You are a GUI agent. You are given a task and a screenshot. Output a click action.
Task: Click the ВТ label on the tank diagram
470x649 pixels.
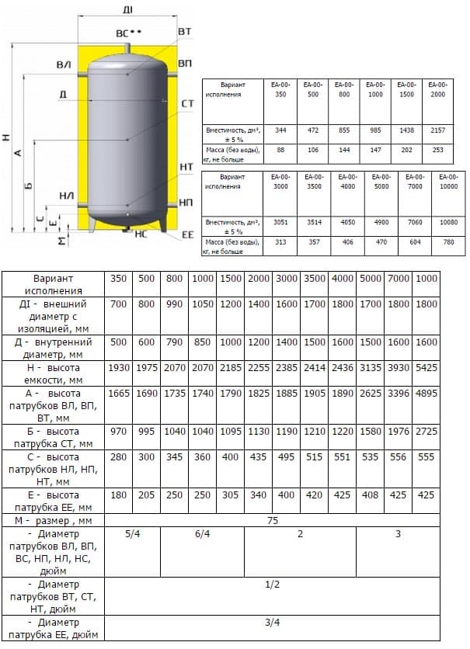pyautogui.click(x=185, y=31)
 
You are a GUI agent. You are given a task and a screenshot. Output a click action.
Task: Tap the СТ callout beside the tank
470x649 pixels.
pyautogui.click(x=187, y=103)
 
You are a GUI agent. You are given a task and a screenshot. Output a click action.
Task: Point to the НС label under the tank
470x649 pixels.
pyautogui.click(x=141, y=233)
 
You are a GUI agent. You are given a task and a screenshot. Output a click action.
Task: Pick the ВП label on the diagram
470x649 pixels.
pyautogui.click(x=185, y=62)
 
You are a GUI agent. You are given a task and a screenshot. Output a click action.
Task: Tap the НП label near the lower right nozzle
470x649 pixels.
pyautogui.click(x=186, y=202)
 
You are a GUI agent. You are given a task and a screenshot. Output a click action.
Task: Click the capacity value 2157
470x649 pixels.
pyautogui.click(x=438, y=131)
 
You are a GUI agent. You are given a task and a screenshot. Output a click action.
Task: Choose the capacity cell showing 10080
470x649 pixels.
pyautogui.click(x=439, y=222)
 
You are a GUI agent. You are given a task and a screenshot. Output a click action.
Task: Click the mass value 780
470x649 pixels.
pyautogui.click(x=439, y=241)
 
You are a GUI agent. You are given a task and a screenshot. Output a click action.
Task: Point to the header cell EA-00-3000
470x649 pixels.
pyautogui.click(x=280, y=182)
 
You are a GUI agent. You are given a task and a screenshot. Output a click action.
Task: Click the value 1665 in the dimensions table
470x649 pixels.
pyautogui.click(x=119, y=394)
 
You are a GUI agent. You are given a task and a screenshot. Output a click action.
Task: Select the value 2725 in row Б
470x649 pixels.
pyautogui.click(x=426, y=430)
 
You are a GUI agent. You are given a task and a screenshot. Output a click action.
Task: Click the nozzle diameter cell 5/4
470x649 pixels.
pyautogui.click(x=132, y=535)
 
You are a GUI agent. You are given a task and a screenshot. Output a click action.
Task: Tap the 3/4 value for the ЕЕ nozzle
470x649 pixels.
pyautogui.click(x=272, y=622)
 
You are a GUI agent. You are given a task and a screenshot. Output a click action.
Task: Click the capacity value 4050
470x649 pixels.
pyautogui.click(x=347, y=222)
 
